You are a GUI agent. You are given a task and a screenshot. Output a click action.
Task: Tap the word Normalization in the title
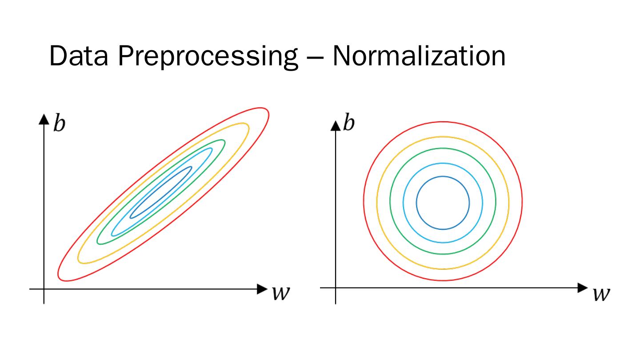419,57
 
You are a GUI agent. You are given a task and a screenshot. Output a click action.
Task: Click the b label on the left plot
59,124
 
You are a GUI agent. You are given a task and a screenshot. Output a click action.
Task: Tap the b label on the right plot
349,123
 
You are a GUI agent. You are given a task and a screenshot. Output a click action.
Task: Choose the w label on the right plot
600,294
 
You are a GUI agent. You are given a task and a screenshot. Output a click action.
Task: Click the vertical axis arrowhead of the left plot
44,119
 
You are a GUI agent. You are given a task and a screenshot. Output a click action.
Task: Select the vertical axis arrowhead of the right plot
335,125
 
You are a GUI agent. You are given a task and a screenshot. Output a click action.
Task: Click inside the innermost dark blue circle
443,203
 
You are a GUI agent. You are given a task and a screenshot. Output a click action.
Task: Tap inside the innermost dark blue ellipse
161,192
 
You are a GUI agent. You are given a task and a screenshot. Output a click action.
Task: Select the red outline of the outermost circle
443,122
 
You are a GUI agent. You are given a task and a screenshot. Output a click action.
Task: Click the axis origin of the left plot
44,289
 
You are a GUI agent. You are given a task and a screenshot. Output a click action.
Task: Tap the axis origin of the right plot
335,288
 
